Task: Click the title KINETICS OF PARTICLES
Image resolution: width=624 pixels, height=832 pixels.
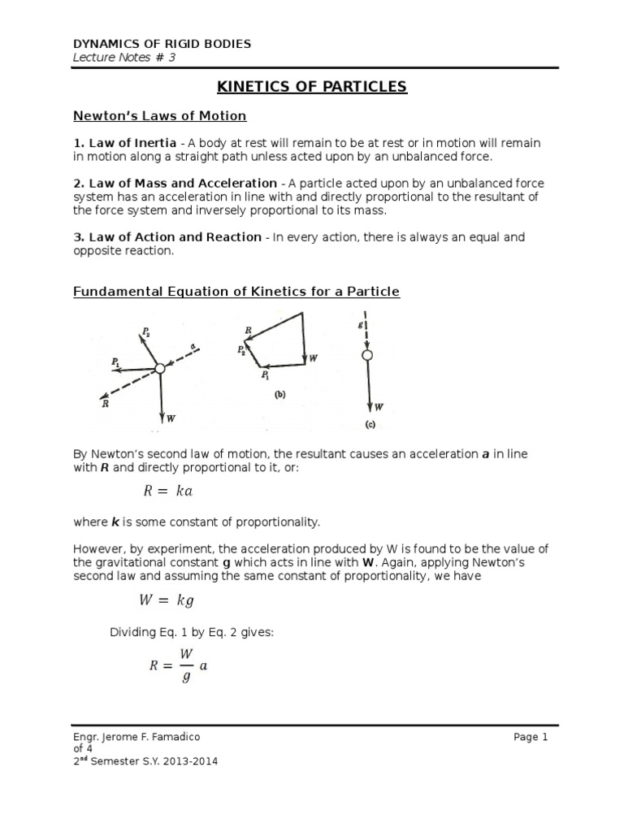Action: [311, 87]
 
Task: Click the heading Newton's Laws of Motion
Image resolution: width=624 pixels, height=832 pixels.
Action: [159, 116]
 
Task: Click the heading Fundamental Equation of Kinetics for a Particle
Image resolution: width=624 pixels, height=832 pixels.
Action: [236, 291]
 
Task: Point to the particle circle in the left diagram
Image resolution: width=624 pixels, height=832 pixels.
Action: [160, 369]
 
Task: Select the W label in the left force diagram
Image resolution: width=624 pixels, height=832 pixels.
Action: [171, 418]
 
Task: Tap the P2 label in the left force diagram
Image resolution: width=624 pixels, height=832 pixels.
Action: [146, 331]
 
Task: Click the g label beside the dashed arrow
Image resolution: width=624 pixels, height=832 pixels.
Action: [360, 323]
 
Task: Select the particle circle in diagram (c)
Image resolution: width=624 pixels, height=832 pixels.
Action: [367, 355]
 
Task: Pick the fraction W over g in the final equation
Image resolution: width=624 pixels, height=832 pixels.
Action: [186, 665]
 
